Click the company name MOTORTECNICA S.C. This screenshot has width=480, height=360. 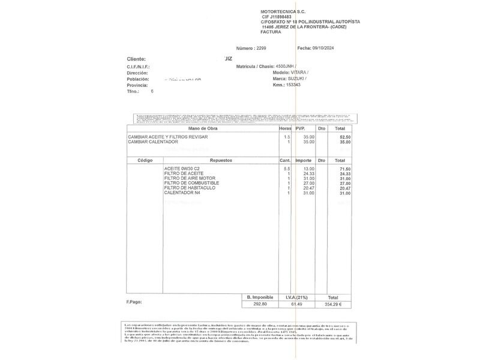pos(284,11)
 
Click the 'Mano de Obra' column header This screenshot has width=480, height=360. pos(203,128)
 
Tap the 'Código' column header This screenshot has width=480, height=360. pos(145,160)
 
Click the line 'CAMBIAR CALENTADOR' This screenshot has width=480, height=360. pos(153,142)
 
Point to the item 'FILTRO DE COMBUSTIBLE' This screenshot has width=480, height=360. pos(191,183)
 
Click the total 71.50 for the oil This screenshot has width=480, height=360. pos(344,169)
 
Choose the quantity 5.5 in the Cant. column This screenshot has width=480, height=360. pos(287,169)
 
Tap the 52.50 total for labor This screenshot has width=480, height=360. pos(344,137)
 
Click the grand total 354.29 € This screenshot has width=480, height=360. pos(332,305)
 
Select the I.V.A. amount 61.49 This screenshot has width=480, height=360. pos(296,305)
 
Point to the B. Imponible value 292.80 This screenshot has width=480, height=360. pos(260,305)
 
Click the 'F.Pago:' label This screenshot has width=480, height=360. pos(134,301)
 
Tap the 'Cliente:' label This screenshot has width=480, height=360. pos(136,59)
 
